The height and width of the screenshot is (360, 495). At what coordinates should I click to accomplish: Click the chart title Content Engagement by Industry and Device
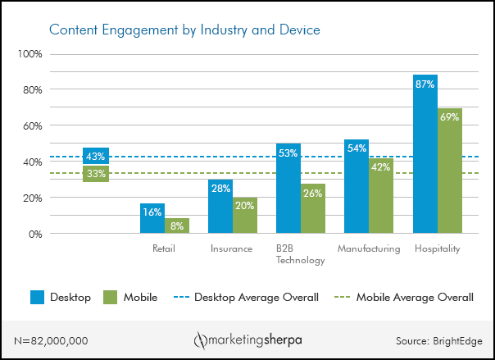click(184, 30)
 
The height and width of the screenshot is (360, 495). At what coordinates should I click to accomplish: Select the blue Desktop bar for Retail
click(152, 219)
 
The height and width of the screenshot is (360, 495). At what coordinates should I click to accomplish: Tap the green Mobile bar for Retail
click(177, 226)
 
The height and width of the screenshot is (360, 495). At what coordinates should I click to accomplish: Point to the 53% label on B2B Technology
click(288, 153)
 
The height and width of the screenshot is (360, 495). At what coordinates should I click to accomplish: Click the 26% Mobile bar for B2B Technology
click(313, 210)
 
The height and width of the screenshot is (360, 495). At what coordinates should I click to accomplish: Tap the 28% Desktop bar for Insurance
click(220, 207)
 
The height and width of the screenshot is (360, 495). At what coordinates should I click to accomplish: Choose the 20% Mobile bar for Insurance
click(245, 215)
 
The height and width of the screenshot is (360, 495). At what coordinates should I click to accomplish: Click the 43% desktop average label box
click(96, 156)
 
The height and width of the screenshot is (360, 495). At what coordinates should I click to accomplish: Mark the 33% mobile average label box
click(96, 173)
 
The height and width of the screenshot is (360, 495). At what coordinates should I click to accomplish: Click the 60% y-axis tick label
click(31, 125)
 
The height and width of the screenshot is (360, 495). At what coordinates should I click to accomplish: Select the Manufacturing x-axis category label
click(369, 248)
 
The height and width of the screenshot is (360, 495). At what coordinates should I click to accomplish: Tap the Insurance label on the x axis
click(232, 248)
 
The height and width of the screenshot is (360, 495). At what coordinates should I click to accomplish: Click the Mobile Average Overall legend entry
click(414, 297)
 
